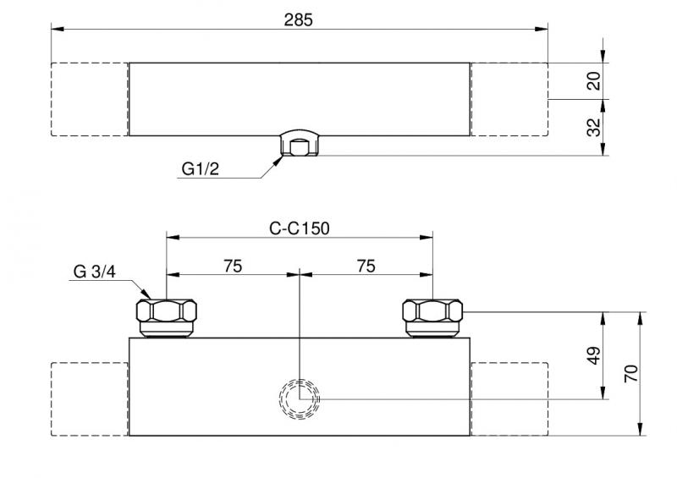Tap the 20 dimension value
coord(594,81)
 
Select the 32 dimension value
coord(594,127)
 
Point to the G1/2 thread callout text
coord(200,169)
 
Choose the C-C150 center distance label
coord(299,228)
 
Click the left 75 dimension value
coord(233,266)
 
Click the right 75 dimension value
coord(366,266)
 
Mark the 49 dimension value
coord(594,355)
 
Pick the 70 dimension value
coord(630,373)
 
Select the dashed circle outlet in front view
coord(300,398)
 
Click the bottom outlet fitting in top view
coord(300,146)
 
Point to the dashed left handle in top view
coord(90,99)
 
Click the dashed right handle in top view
coord(509,99)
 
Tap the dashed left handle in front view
coord(90,398)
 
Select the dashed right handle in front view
coord(509,398)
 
